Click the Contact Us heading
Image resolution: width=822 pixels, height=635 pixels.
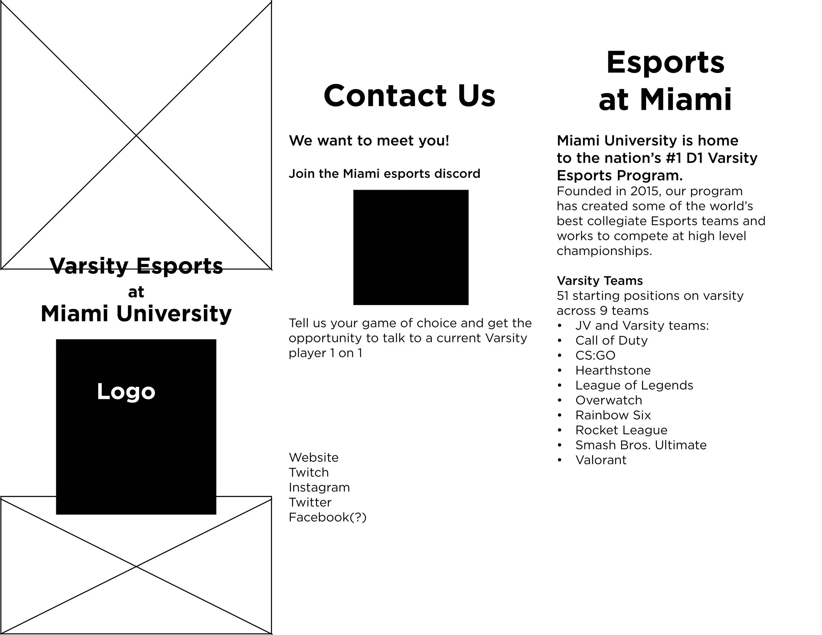(x=409, y=96)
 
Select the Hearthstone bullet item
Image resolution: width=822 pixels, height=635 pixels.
(x=613, y=370)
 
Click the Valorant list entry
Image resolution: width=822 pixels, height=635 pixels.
(x=601, y=460)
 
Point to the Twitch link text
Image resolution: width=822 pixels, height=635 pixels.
(x=309, y=473)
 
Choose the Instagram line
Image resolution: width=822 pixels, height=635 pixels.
(x=319, y=487)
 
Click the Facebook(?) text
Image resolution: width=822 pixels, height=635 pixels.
(x=327, y=518)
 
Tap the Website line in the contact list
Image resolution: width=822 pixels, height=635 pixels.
(x=314, y=458)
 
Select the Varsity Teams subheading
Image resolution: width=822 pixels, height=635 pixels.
(x=599, y=281)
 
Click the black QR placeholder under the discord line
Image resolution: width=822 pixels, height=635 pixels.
(x=411, y=247)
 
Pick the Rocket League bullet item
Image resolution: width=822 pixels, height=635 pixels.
(x=621, y=430)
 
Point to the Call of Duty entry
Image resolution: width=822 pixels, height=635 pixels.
(x=611, y=341)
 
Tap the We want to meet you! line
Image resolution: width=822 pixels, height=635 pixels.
(x=369, y=141)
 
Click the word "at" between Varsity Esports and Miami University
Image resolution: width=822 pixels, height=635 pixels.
(x=136, y=292)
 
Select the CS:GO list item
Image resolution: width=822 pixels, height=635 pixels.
(x=595, y=356)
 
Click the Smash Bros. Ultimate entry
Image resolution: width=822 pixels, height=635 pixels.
(x=641, y=445)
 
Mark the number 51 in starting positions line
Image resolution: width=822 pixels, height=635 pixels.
(x=563, y=296)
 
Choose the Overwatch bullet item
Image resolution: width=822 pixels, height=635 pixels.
(x=609, y=400)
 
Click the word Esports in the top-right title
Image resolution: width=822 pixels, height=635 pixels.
(x=665, y=62)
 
